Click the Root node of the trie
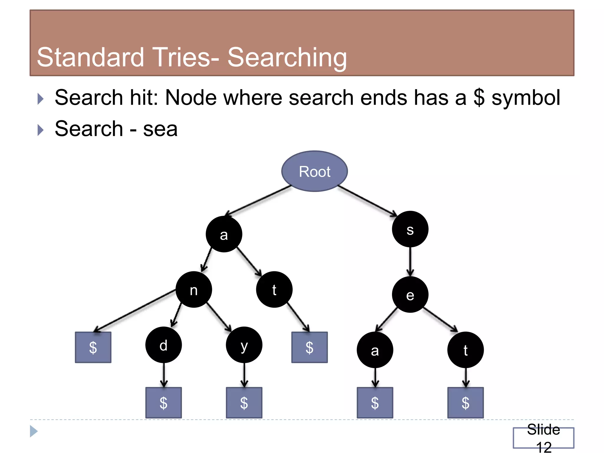(314, 171)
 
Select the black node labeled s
(410, 229)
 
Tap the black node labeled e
(410, 295)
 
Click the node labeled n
(193, 290)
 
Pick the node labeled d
(163, 345)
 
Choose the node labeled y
(244, 345)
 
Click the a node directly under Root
(224, 234)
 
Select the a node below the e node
(375, 350)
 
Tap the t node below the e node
(465, 350)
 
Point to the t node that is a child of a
(274, 290)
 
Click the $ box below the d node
(163, 403)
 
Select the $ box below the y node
(244, 403)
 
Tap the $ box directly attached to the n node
(93, 347)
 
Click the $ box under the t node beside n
(309, 347)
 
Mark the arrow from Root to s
(367, 201)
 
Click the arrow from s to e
(410, 261)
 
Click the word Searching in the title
(287, 57)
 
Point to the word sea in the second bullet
(160, 129)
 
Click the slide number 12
(544, 447)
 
